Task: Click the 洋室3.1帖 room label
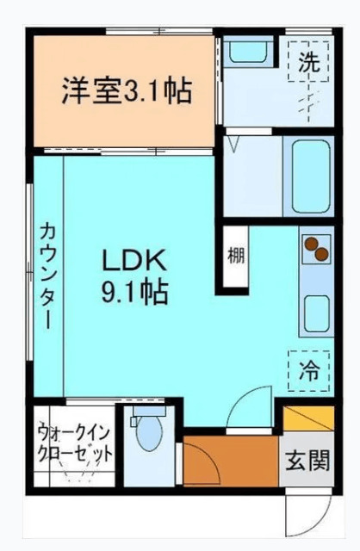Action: pyautogui.click(x=126, y=90)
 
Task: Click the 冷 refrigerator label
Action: pyautogui.click(x=307, y=372)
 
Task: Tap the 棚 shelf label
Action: pyautogui.click(x=235, y=256)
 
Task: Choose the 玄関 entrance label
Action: pyautogui.click(x=307, y=461)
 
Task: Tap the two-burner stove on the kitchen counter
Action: pyautogui.click(x=315, y=249)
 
